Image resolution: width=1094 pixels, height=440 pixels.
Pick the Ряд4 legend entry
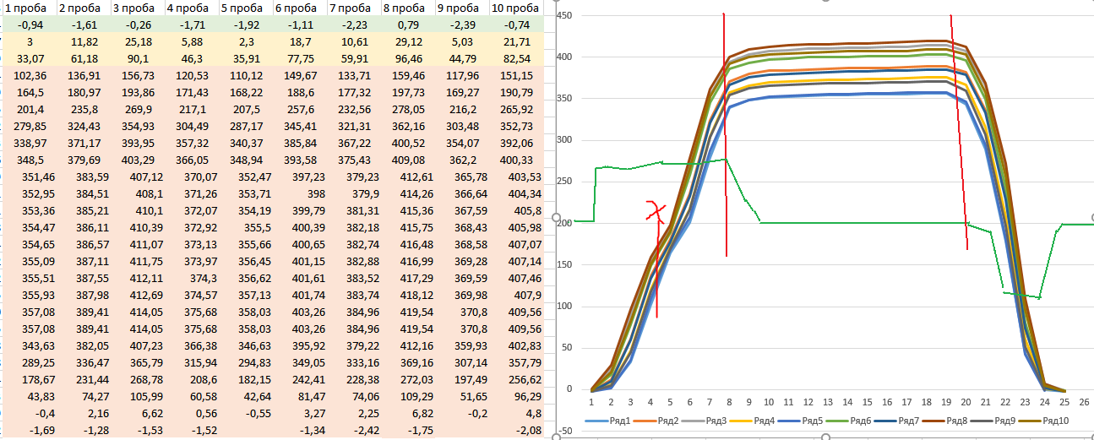tap(759, 420)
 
